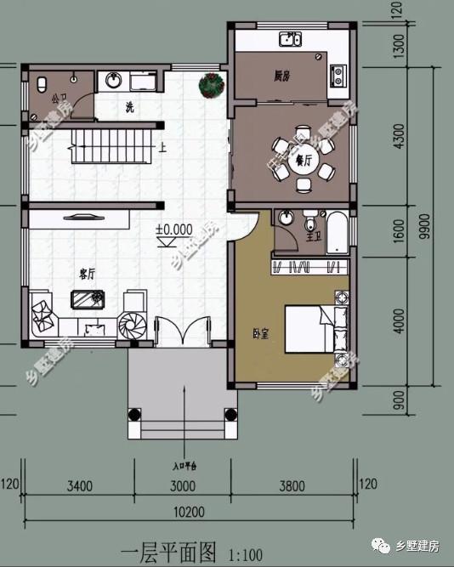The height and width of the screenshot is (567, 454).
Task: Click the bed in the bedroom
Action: (x=315, y=332)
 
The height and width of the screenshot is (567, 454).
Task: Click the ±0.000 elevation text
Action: (x=173, y=230)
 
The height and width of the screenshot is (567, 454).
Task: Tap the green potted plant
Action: (x=212, y=84)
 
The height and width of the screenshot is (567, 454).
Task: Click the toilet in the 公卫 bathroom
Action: (x=43, y=83)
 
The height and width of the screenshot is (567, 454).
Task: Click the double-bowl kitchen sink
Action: (x=292, y=38)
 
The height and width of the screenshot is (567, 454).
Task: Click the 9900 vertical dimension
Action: (x=435, y=226)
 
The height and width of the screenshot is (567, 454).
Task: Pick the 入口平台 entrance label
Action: (x=183, y=466)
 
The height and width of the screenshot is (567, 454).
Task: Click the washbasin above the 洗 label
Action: (x=113, y=81)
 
